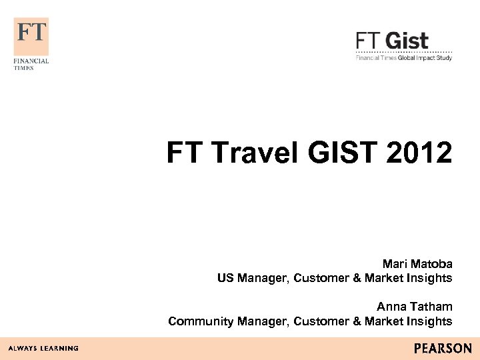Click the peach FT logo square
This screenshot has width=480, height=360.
pyautogui.click(x=31, y=36)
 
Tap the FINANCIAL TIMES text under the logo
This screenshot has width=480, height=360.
pyautogui.click(x=31, y=64)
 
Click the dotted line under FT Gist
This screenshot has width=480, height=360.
pyautogui.click(x=404, y=51)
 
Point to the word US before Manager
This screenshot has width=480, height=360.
pyautogui.click(x=225, y=278)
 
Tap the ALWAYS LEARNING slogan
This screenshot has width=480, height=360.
pyautogui.click(x=43, y=348)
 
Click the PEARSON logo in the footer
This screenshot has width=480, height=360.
pyautogui.click(x=442, y=348)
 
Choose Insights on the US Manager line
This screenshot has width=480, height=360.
pyautogui.click(x=431, y=278)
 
